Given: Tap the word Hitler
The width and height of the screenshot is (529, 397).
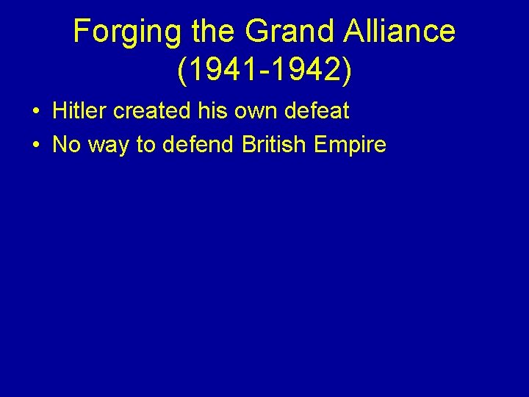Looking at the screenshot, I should coord(79,112).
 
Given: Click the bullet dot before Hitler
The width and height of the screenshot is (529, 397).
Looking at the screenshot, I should coord(35,112).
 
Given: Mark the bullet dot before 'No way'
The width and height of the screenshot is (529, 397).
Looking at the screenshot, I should coord(35,146).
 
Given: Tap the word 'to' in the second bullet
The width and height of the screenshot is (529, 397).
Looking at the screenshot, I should coord(147,145).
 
